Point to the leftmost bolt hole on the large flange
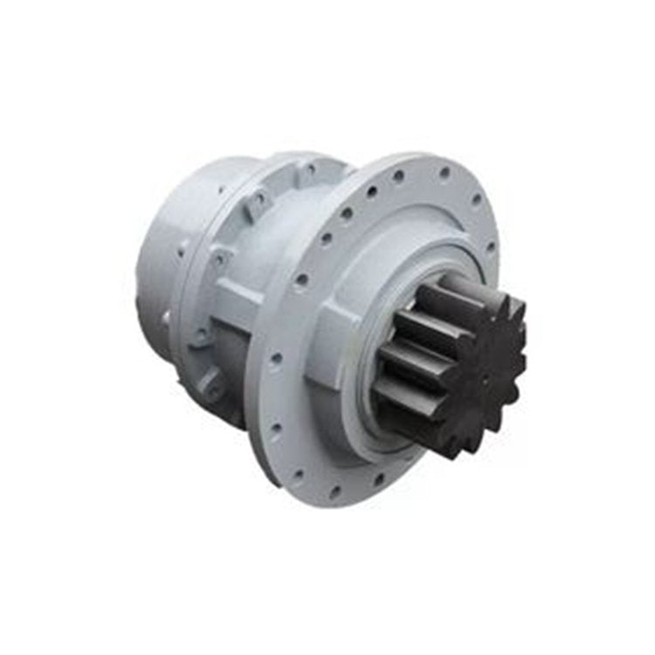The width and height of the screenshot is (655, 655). click(x=276, y=358)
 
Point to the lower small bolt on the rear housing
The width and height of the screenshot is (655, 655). click(x=165, y=320)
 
